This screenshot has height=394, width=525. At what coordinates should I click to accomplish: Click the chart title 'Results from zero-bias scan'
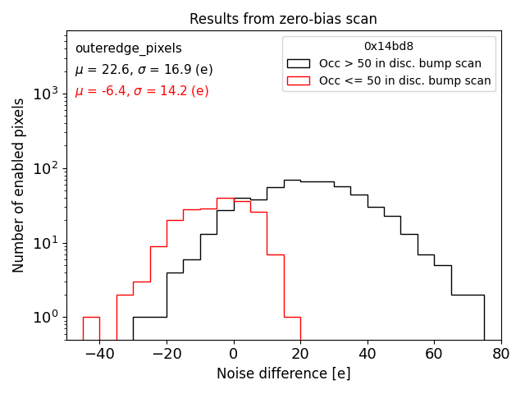pos(283,19)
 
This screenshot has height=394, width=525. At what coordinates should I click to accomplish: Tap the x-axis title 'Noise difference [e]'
pos(283,373)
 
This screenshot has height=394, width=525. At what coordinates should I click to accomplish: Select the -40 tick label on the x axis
pos(99,354)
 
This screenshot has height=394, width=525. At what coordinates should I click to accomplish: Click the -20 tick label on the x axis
pos(167,354)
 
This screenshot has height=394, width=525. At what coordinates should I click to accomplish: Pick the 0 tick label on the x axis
pos(234,354)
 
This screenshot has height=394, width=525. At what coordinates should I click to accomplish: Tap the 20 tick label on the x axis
pos(300,354)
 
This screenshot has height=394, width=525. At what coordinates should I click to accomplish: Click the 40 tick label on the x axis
pos(367,354)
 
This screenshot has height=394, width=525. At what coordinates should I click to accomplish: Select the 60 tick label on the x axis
pos(434,354)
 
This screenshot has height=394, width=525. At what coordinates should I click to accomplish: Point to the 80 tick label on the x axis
pos(501,354)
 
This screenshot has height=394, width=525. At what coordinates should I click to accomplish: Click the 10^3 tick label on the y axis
pos(48,94)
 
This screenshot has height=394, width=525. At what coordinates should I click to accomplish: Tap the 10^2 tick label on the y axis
pos(48,168)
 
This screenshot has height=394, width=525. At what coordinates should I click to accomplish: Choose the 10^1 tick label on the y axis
pos(48,243)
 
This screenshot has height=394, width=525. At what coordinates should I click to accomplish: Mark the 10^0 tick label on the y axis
pos(48,317)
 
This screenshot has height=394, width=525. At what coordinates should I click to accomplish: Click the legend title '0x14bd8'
pos(389,47)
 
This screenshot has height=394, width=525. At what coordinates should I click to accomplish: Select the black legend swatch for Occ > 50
pos(299,63)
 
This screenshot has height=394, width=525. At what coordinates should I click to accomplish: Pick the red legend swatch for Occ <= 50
pos(299,80)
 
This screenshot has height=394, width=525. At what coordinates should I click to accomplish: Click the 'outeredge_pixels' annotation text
pos(128,48)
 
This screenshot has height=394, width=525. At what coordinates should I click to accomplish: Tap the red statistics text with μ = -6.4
pos(142,91)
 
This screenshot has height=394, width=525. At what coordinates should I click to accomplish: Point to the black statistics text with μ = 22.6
pos(144,70)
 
